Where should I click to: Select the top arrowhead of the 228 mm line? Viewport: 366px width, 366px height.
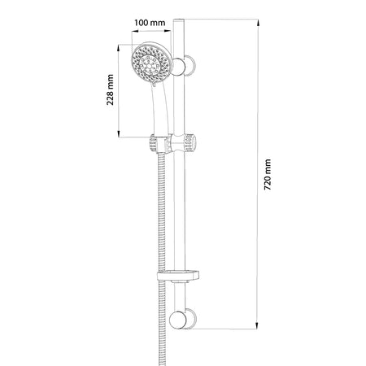pos(121,46)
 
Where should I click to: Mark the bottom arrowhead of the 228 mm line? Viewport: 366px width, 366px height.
pos(121,133)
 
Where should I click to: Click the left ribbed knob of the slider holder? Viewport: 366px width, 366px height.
pos(152,145)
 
